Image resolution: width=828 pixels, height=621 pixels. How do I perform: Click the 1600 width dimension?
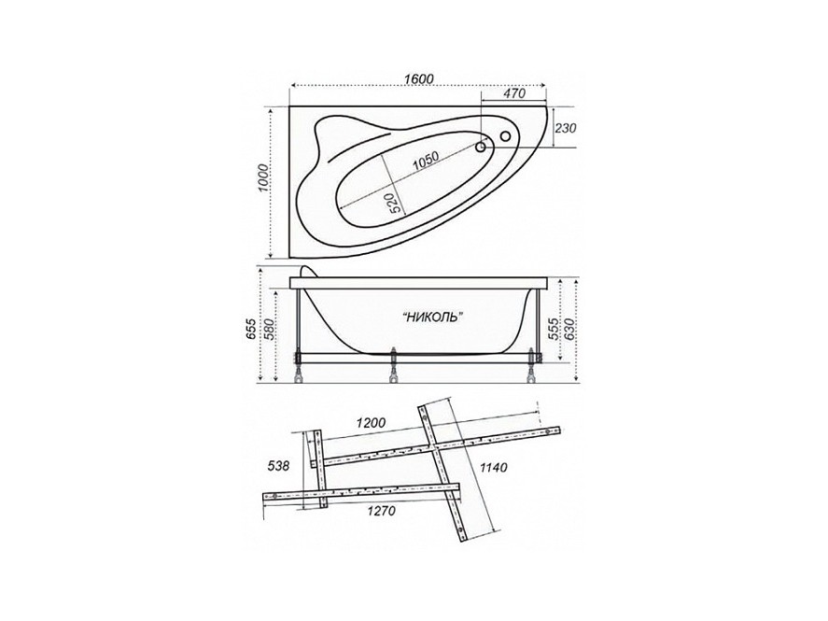[419, 78]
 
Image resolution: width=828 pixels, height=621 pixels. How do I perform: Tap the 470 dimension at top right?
[514, 93]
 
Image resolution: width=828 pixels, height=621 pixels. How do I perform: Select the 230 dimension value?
[566, 128]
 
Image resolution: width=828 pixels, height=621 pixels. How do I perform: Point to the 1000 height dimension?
[262, 178]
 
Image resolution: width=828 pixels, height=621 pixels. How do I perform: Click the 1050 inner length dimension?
[426, 161]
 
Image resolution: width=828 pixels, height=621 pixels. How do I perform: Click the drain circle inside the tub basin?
[481, 148]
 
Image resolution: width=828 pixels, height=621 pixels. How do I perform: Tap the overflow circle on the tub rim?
[505, 135]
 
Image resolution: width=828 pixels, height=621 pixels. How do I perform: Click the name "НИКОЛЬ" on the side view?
[433, 317]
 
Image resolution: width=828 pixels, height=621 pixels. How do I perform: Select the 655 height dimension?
[251, 329]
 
